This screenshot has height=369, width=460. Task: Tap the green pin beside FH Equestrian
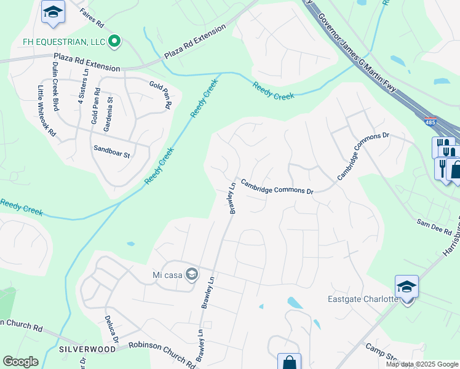[x=114, y=42]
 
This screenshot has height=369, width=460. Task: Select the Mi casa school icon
[x=192, y=274]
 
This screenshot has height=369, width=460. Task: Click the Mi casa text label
[x=165, y=275]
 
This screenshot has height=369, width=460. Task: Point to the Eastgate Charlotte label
[x=363, y=300]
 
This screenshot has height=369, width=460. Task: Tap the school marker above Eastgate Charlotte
[x=406, y=287]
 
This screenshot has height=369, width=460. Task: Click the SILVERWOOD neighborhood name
[x=87, y=349]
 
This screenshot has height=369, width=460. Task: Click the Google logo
[x=20, y=362]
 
